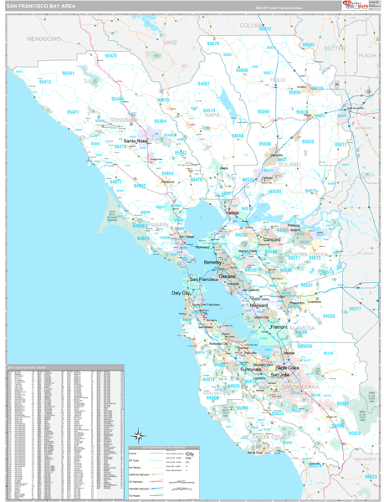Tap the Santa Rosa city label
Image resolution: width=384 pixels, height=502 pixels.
[136, 141]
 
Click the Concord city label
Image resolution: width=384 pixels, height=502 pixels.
[271, 239]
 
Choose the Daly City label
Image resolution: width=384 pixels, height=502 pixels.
[182, 294]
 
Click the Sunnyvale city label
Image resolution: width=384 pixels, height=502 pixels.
[252, 368]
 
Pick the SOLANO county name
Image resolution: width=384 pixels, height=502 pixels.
[288, 165]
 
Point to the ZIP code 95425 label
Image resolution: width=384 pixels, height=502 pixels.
[110, 55]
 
